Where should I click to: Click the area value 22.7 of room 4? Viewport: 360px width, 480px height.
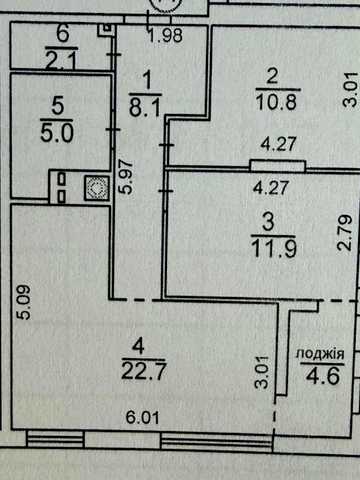click(143, 371)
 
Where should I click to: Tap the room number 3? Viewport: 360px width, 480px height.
click(268, 222)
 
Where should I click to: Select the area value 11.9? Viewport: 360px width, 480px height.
click(273, 248)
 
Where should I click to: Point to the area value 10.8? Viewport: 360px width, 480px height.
click(277, 101)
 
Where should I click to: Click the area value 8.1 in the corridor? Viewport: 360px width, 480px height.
click(145, 108)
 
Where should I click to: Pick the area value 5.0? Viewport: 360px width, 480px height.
click(57, 134)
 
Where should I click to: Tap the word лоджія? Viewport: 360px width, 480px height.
click(320, 354)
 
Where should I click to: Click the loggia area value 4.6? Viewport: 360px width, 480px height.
click(323, 376)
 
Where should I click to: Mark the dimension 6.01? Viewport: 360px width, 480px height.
click(143, 417)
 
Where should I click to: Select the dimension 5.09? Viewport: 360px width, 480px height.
click(26, 302)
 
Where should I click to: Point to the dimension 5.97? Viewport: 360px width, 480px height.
click(127, 177)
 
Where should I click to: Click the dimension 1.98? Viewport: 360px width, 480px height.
click(166, 35)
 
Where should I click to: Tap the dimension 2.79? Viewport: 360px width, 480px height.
click(345, 233)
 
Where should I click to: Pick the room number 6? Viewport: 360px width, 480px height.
click(63, 33)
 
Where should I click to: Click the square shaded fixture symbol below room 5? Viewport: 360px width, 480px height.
click(96, 188)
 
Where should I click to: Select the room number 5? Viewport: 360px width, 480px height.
click(57, 107)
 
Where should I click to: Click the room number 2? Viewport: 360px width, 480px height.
click(272, 76)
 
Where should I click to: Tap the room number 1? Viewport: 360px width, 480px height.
click(147, 81)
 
